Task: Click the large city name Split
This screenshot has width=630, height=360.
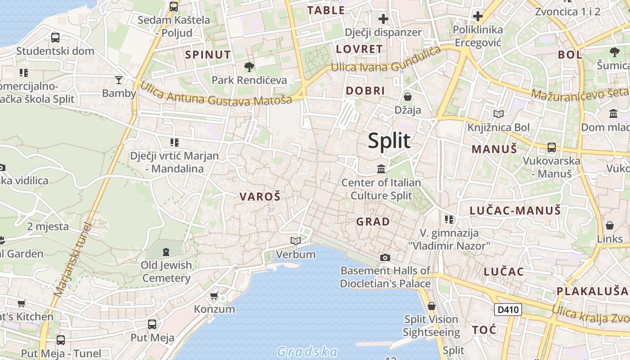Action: (389, 141)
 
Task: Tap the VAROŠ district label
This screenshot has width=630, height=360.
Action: (260, 197)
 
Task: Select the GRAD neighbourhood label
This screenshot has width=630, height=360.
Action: (373, 222)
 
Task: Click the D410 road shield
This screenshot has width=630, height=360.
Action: (508, 310)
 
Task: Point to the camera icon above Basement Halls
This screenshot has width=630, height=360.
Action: (385, 257)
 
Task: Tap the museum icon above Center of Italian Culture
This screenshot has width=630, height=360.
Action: (381, 169)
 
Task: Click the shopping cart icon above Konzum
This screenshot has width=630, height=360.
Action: (214, 296)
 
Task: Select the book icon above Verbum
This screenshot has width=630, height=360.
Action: (295, 241)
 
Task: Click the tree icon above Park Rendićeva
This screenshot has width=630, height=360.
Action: (249, 67)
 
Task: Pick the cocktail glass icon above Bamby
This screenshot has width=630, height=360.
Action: (119, 80)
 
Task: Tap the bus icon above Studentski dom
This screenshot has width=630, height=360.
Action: (55, 38)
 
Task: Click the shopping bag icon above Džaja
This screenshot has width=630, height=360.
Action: (408, 97)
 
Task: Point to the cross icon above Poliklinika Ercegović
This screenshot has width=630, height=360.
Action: (477, 17)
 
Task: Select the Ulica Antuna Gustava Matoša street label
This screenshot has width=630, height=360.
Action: (216, 94)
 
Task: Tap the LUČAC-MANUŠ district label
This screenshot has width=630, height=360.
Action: (515, 211)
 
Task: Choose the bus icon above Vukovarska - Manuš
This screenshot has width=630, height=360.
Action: (551, 148)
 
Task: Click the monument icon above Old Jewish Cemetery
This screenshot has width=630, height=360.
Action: (166, 252)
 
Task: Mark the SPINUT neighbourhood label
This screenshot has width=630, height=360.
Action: (208, 55)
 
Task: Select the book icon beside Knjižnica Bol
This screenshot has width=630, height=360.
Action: (498, 114)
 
